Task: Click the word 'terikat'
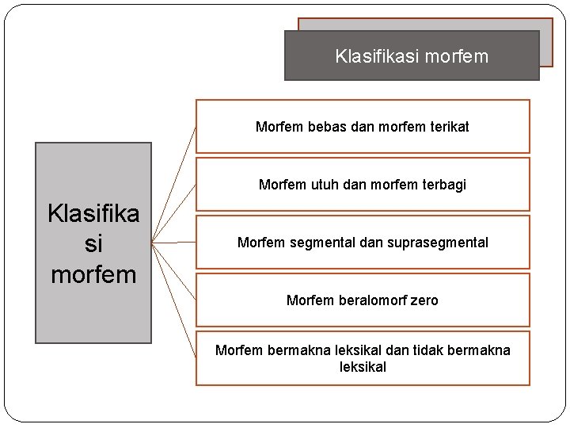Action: tap(447, 127)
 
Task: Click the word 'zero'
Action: tap(423, 300)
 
